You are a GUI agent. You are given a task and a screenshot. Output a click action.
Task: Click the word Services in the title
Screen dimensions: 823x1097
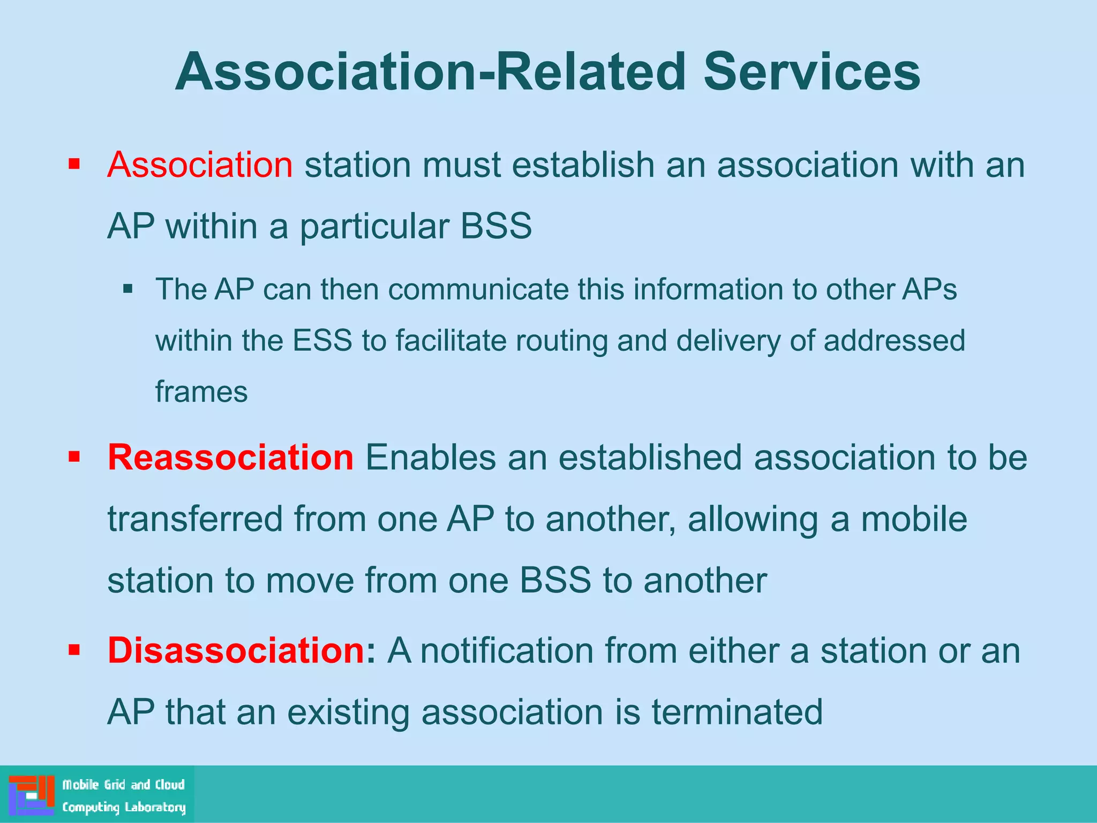click(x=812, y=72)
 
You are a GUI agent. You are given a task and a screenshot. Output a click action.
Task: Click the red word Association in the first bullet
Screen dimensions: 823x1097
click(x=200, y=164)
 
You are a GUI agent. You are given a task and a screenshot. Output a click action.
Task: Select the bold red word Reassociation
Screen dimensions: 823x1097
click(x=230, y=458)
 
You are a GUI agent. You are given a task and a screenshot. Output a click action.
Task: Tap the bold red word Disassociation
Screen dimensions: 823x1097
click(x=236, y=650)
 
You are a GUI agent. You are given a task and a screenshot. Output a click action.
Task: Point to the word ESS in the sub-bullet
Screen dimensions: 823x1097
click(x=322, y=341)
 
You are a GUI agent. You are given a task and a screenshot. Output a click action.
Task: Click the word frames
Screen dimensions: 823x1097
click(x=201, y=392)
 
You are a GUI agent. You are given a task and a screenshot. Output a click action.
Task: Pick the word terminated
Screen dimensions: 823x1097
click(x=737, y=712)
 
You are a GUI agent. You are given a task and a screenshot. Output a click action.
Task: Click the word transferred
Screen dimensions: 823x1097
click(x=195, y=519)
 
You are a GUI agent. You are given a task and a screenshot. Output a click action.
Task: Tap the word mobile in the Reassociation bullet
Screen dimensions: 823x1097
click(x=914, y=519)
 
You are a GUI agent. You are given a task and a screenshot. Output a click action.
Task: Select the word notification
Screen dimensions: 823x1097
click(x=507, y=650)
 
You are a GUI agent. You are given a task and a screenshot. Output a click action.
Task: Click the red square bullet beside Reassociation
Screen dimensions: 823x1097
click(x=74, y=457)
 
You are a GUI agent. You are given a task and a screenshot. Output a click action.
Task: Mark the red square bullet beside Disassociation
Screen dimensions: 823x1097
click(x=74, y=650)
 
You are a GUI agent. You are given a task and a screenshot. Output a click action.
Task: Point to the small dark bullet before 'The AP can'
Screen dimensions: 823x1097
click(x=127, y=289)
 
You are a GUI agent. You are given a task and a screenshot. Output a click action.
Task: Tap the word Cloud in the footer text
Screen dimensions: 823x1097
click(x=170, y=785)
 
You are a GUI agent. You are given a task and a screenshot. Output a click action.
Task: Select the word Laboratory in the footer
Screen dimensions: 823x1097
click(x=155, y=807)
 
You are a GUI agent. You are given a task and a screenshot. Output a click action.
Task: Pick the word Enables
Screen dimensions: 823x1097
click(x=431, y=458)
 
